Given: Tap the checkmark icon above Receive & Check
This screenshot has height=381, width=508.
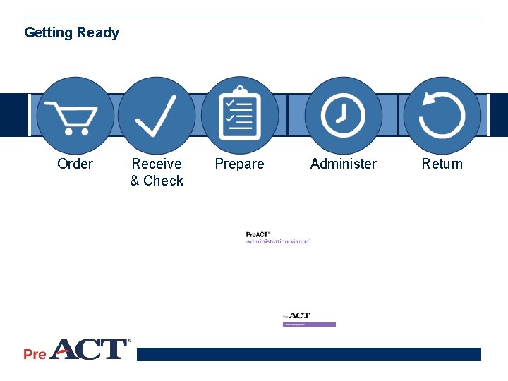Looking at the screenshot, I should click(157, 116).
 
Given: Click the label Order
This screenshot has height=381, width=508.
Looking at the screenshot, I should click(75, 164).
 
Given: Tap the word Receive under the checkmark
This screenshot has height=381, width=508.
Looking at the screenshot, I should click(157, 164).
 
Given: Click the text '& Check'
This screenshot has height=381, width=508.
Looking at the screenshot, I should click(157, 181).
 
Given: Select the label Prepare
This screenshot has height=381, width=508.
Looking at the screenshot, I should click(240, 164).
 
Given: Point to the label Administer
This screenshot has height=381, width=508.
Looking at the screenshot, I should click(344, 164).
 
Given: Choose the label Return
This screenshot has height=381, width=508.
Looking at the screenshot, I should click(442, 164).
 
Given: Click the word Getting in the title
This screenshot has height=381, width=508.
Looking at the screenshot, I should click(49, 32).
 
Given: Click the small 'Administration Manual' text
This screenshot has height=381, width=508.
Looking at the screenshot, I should click(278, 242).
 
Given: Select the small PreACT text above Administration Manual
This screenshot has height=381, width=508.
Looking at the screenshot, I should click(258, 234).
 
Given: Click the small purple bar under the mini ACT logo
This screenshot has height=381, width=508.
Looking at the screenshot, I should click(309, 325).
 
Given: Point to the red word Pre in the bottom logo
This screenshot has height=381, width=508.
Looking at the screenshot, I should click(35, 353).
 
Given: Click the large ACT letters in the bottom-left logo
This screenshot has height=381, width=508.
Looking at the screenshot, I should click(87, 349).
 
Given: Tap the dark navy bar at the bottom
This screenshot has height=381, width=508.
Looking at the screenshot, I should click(308, 354).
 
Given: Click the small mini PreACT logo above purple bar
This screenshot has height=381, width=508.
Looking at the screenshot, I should click(296, 317).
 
